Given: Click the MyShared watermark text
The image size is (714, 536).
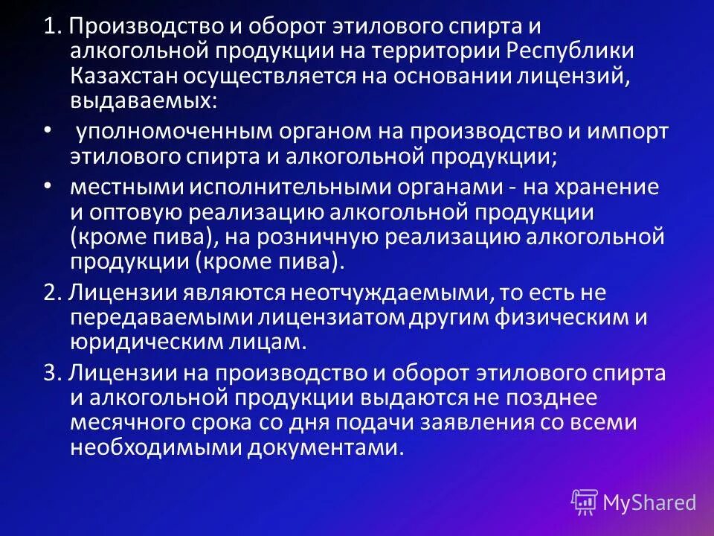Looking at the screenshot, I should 649,502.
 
